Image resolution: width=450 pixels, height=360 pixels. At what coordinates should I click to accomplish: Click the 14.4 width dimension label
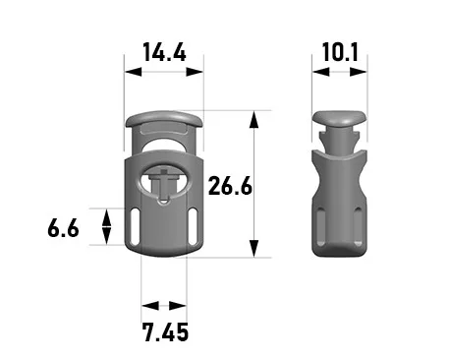tap(164, 52)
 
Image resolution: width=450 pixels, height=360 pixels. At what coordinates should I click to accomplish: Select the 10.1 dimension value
tap(340, 52)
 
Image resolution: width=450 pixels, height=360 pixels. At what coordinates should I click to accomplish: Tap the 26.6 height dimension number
tap(230, 186)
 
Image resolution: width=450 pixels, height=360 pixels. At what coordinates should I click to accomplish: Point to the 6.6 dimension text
tap(63, 228)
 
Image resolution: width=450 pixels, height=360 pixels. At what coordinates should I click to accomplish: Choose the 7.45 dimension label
tap(166, 332)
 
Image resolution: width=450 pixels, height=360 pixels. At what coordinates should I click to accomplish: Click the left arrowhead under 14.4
tap(134, 72)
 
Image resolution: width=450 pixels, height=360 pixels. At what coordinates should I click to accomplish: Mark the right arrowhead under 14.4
tap(195, 72)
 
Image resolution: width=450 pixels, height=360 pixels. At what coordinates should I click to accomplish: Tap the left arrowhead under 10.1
tap(321, 72)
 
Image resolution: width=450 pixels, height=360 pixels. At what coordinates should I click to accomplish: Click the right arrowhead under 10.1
tap(359, 72)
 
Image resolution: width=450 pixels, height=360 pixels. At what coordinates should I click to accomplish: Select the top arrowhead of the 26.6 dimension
tap(253, 120)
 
